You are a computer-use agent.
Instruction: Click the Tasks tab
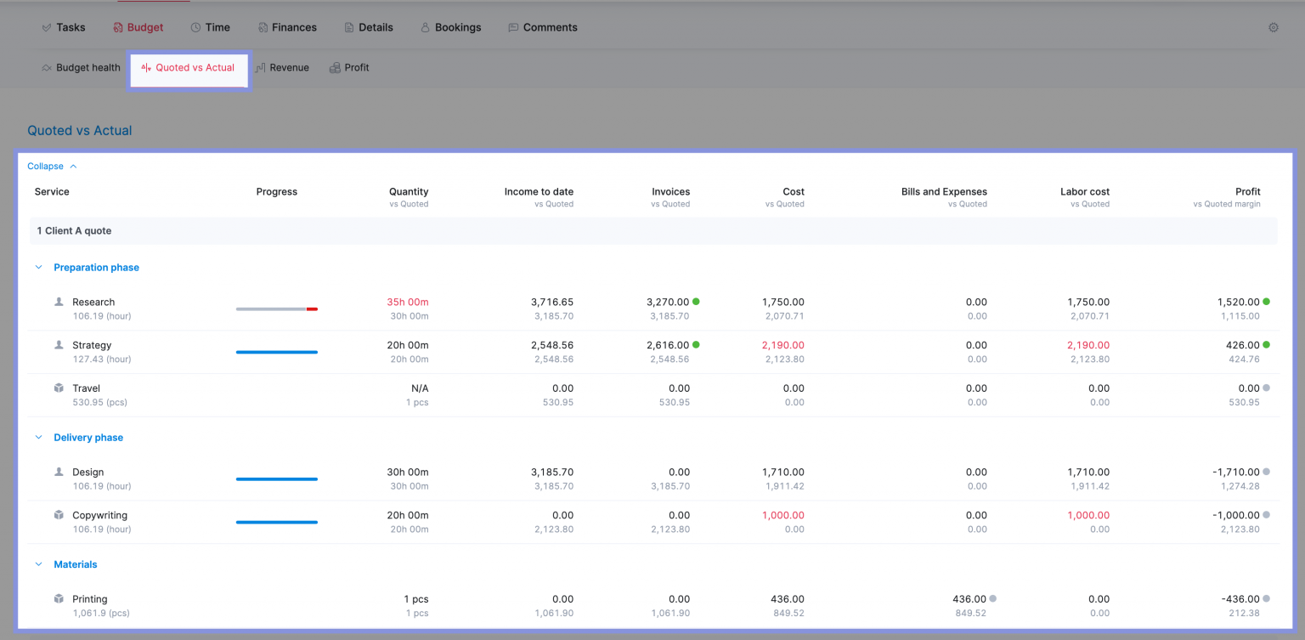click(x=64, y=27)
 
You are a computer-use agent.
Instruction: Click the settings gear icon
click(x=1273, y=27)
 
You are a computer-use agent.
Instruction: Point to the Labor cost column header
click(x=1084, y=192)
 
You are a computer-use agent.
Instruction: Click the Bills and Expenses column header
click(x=944, y=192)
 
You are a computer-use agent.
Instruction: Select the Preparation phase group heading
click(x=96, y=268)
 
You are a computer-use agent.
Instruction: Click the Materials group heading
click(x=75, y=564)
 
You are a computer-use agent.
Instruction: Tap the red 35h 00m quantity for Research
click(x=407, y=303)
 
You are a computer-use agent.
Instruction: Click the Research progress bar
click(x=276, y=309)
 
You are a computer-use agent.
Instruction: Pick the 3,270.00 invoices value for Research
click(x=668, y=303)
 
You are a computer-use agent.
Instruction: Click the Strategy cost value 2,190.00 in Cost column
click(x=782, y=346)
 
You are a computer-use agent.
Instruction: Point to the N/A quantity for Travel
click(x=420, y=388)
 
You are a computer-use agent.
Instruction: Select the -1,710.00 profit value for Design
click(x=1235, y=473)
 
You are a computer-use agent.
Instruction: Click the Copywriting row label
click(x=99, y=516)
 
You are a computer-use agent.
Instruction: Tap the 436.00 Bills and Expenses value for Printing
click(x=969, y=599)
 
